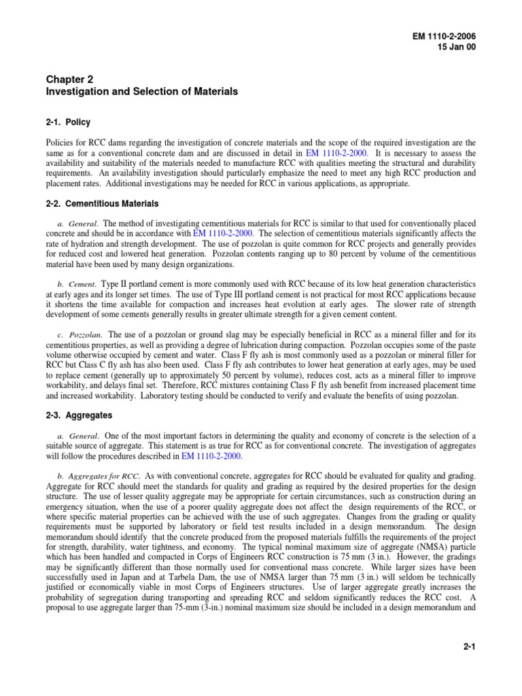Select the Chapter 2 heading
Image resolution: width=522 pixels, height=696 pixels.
pyautogui.click(x=67, y=79)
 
